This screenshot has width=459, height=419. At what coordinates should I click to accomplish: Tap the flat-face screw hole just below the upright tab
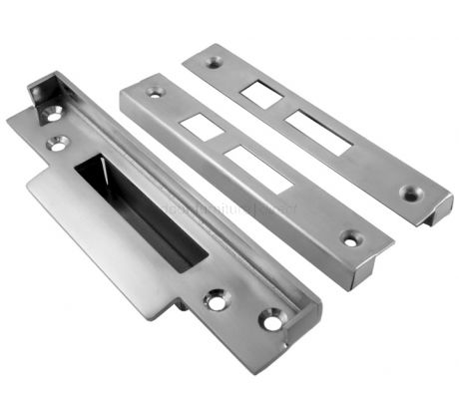(59, 144)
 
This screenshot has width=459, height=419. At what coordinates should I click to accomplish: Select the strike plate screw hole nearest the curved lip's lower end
(217, 298)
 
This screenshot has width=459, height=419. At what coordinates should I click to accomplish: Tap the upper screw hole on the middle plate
(155, 92)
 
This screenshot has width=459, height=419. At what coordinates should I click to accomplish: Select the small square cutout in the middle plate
(201, 127)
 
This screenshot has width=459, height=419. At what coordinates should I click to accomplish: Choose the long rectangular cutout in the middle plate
(257, 169)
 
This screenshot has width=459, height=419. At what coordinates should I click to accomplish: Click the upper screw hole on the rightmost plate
(215, 62)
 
